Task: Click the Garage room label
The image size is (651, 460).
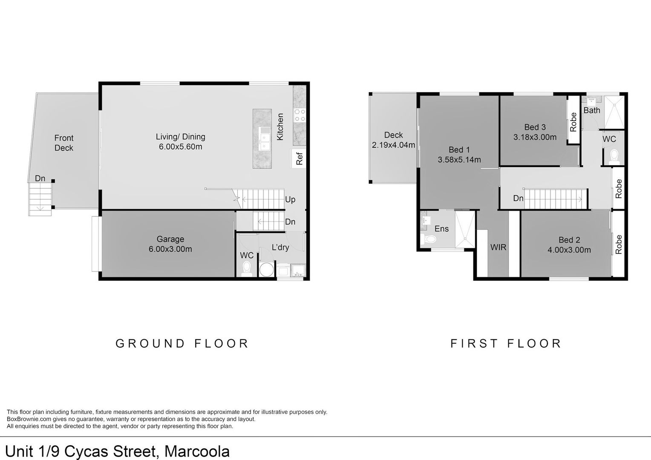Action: tap(170, 239)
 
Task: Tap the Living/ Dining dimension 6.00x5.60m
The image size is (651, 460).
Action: tap(180, 147)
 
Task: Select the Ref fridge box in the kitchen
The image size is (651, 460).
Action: tap(299, 158)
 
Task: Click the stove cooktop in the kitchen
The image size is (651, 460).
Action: tap(300, 115)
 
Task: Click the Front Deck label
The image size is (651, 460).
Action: tap(64, 143)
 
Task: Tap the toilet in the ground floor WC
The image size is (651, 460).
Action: tap(246, 269)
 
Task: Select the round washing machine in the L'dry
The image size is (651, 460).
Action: tap(268, 270)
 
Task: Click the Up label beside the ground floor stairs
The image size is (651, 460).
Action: tap(290, 199)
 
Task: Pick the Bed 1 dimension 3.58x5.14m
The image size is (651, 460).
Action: tap(459, 160)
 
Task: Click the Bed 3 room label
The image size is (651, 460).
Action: tap(535, 127)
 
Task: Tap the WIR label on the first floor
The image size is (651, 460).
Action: tap(498, 247)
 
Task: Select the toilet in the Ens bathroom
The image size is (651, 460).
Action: tap(429, 240)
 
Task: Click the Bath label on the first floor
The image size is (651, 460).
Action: tap(591, 111)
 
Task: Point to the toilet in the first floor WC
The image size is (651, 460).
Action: tap(614, 156)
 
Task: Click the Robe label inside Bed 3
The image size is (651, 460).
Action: tap(573, 121)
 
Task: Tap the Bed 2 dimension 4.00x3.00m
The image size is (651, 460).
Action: tap(569, 250)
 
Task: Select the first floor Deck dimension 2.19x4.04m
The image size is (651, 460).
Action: tap(393, 145)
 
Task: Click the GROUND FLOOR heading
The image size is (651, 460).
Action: tap(182, 343)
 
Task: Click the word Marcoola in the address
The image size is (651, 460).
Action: tap(197, 451)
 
